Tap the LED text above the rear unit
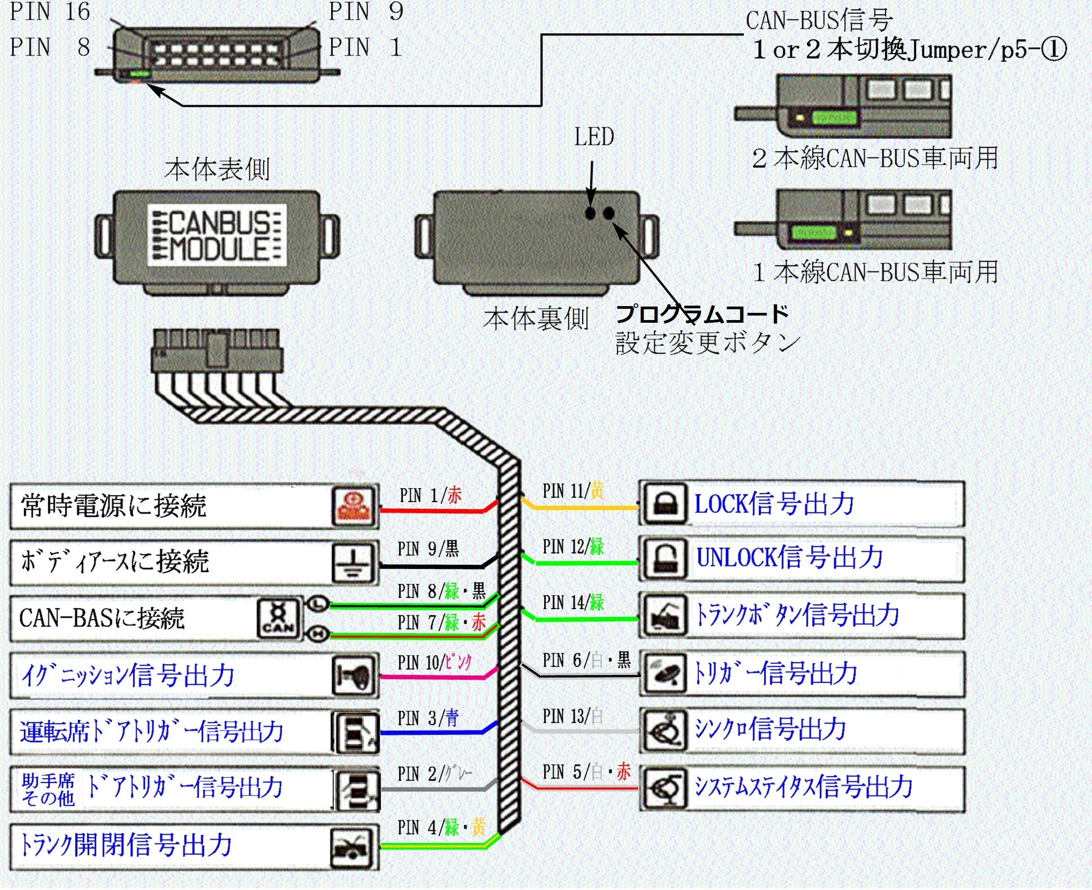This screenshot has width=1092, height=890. tap(594, 137)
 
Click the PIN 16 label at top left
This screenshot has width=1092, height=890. tap(50, 11)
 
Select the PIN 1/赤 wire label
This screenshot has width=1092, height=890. tap(431, 495)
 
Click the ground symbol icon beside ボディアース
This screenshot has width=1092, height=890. tap(353, 562)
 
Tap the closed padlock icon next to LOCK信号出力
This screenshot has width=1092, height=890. tap(665, 503)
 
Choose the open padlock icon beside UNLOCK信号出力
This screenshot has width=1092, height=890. tap(665, 559)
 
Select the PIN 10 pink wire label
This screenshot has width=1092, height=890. tap(434, 663)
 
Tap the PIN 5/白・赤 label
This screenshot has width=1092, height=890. tap(586, 772)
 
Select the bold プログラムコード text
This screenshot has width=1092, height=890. tap(702, 314)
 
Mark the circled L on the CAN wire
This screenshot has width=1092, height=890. tap(318, 603)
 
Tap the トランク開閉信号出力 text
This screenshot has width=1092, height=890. tap(125, 845)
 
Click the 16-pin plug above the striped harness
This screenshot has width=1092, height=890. tap(217, 351)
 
